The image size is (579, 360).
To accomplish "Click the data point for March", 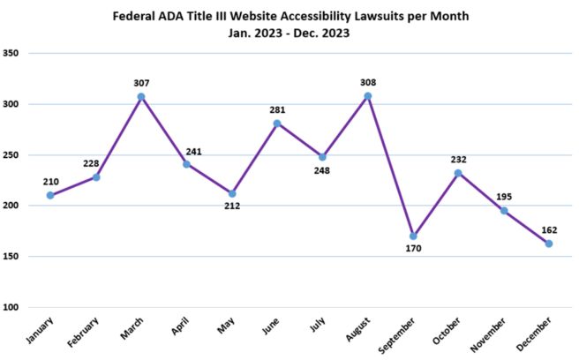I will (141, 96).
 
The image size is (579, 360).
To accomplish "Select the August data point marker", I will (367, 95).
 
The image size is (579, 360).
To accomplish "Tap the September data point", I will (413, 236).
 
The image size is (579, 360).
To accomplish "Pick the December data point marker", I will (549, 244).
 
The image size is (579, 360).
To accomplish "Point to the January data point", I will (50, 195).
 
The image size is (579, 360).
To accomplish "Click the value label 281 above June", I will (277, 109).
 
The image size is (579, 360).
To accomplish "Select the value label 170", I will (413, 249).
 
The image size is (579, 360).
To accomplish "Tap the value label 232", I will (458, 160).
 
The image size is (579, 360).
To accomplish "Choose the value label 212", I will (232, 206).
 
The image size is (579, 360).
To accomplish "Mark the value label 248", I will (323, 170).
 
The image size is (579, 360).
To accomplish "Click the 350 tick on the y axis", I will (11, 53).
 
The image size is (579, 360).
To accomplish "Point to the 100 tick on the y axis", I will (11, 307).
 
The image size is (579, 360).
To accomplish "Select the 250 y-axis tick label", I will (11, 154).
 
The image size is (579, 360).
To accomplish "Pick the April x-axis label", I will (180, 330).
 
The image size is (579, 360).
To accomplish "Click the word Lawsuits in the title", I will (377, 17).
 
